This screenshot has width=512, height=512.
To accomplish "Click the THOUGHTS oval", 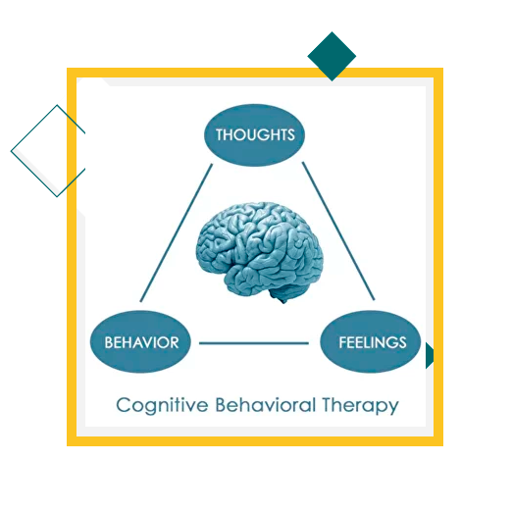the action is point(254,135).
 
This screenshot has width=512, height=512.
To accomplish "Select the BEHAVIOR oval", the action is point(140,341).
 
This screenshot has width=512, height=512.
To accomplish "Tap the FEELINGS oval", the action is point(371,341).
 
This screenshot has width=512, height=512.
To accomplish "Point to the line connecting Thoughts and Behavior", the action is point(177,232).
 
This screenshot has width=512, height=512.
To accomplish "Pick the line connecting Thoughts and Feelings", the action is point(338,230).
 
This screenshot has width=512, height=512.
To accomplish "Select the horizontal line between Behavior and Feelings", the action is point(254,343).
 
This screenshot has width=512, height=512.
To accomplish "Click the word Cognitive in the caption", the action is point(162,405).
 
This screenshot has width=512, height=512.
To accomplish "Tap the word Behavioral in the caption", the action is point(266,404).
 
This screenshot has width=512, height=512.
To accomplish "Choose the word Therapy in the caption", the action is point(360,406).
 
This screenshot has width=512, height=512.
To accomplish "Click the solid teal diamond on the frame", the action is point(332,56).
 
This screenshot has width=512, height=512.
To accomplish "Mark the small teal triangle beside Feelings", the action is point(430,355).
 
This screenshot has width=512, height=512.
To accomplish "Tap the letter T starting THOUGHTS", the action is point(220,134).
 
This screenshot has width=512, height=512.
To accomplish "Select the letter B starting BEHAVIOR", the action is point(109,342).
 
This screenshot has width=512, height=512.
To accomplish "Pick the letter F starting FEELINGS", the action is point(342,342).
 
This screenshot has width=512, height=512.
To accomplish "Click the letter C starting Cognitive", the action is point(124,405).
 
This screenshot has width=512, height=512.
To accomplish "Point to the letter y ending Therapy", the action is point(392,408).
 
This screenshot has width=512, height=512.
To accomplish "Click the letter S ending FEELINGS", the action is point(402,342).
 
